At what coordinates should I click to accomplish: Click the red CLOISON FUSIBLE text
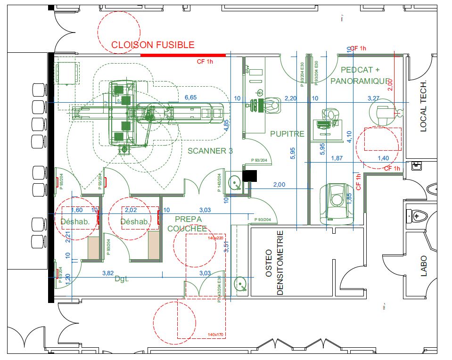click(152, 45)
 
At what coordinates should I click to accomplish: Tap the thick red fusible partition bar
click(183, 55)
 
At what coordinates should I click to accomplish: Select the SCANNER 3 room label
click(210, 151)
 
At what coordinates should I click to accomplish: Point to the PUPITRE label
click(287, 134)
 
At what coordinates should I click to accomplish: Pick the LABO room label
click(423, 265)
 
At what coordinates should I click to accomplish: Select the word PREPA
click(188, 219)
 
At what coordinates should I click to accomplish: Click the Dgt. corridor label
click(122, 279)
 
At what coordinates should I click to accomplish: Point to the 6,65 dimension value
click(190, 98)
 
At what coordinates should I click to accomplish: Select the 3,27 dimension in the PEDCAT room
click(373, 98)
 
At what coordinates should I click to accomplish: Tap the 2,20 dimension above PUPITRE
click(291, 98)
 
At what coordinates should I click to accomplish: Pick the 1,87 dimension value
click(337, 158)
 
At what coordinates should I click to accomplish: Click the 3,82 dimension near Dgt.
click(108, 273)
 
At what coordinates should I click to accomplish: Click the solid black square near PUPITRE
click(250, 176)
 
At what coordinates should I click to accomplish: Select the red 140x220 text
click(215, 238)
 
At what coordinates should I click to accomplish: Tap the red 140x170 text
click(215, 335)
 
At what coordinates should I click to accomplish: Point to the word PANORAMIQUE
click(362, 81)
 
